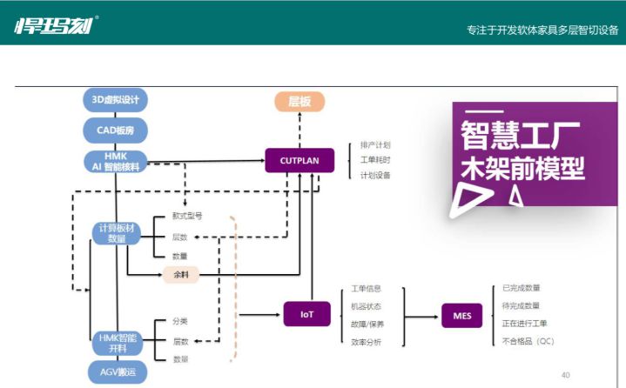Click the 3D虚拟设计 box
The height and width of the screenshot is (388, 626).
[x=116, y=99]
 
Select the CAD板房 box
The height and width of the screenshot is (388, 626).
[x=116, y=130]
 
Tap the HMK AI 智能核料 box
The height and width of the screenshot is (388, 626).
[x=116, y=161]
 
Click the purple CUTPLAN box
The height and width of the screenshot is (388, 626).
[x=300, y=160]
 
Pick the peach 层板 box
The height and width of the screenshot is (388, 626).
[x=300, y=102]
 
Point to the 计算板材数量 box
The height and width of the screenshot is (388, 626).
[x=116, y=233]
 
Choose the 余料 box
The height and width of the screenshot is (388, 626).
[x=181, y=275]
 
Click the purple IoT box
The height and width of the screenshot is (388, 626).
[x=307, y=314]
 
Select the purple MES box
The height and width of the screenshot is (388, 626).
[x=462, y=315]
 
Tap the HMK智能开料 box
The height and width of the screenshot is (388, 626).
[x=116, y=343]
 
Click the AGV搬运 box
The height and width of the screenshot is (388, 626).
[x=116, y=372]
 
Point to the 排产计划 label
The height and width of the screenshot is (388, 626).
[x=375, y=144]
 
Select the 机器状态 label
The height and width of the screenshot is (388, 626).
[x=366, y=306]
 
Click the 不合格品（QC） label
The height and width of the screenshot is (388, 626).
[x=528, y=341]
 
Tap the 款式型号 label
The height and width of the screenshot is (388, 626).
[x=187, y=216]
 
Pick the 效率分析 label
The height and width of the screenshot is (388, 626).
[x=366, y=342]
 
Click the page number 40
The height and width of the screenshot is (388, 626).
[x=566, y=375]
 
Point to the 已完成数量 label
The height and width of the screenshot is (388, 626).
[x=522, y=288]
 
